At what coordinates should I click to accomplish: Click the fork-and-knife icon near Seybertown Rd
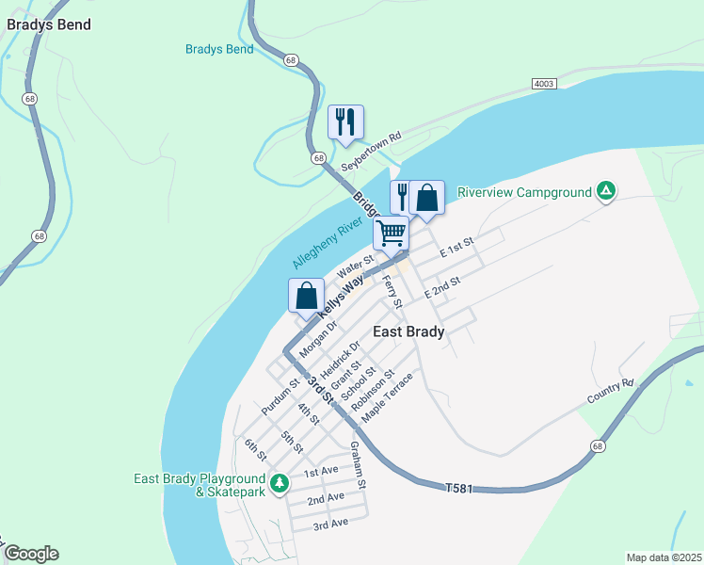345,121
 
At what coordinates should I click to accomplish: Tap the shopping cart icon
391,232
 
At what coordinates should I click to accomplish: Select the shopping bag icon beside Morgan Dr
306,295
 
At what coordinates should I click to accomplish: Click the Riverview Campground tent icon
607,192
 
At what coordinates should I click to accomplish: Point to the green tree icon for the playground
279,484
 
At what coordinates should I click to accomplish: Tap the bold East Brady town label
408,331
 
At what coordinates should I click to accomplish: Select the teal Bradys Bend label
219,49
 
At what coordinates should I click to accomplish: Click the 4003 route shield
544,83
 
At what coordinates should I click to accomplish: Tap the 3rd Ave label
330,523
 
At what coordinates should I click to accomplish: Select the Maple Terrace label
387,396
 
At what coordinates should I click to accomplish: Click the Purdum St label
280,396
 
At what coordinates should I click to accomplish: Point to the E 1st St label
460,248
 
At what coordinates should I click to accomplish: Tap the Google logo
31,554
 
